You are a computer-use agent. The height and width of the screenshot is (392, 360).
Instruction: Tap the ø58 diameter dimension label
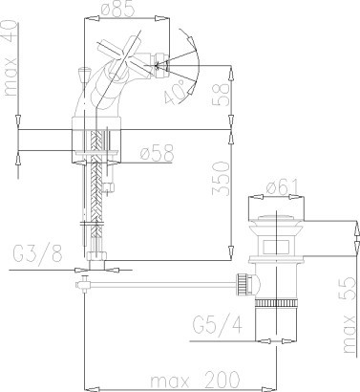158,152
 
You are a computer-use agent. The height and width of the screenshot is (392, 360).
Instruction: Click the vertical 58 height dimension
221,95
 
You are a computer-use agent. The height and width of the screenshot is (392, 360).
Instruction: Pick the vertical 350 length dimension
221,178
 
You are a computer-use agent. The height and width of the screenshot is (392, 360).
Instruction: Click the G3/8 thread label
37,253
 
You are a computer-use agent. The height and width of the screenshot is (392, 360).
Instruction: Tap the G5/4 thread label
218,325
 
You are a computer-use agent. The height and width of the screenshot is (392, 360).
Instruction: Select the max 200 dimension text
195,380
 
